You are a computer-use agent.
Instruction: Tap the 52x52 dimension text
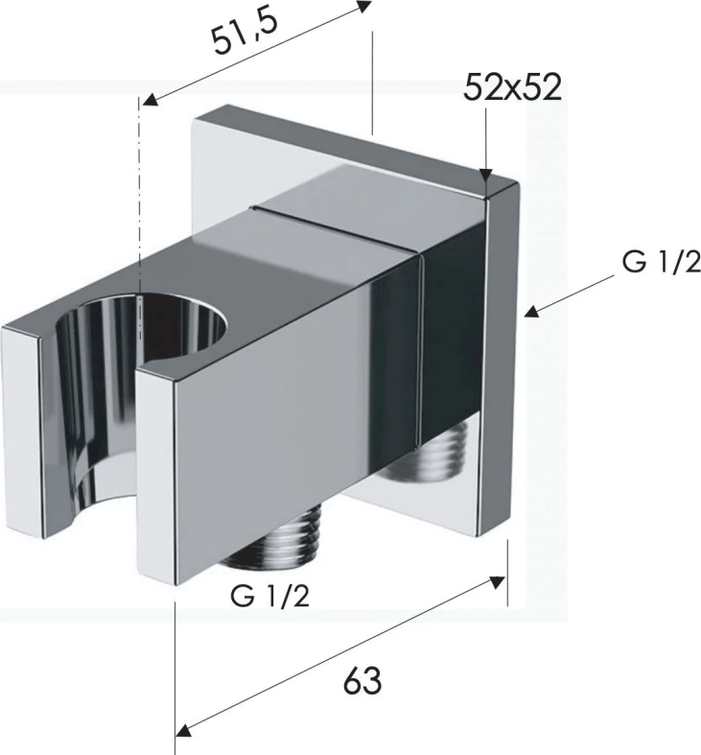click(512, 87)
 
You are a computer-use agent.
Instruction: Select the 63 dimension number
click(362, 681)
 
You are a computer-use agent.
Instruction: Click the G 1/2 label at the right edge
click(661, 262)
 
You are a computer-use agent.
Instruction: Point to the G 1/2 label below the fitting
click(269, 597)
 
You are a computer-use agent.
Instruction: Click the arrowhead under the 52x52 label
click(486, 176)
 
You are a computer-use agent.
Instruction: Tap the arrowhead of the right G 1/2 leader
click(531, 311)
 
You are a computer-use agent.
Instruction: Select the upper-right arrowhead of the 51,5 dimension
click(364, 7)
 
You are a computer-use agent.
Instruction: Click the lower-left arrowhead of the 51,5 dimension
click(151, 99)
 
